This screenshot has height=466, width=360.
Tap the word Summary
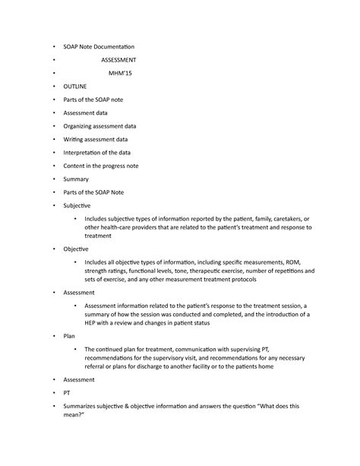[x=76, y=179]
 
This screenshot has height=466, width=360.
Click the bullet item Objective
[x=76, y=249]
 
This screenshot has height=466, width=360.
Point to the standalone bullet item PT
[x=67, y=395]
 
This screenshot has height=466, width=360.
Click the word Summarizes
[x=84, y=409]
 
